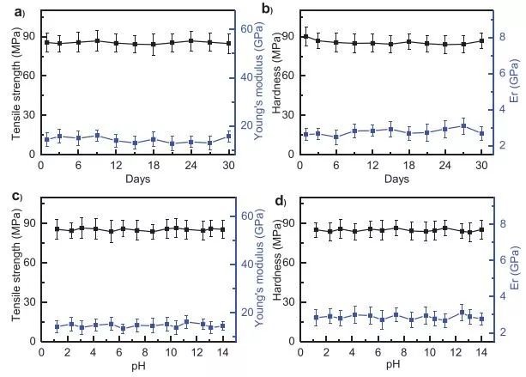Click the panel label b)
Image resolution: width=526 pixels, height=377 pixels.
point(267,9)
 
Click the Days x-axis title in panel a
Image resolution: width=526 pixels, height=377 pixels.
point(136,179)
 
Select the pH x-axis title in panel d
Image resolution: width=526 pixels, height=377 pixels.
point(393,363)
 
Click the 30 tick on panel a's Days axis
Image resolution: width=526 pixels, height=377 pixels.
point(227,166)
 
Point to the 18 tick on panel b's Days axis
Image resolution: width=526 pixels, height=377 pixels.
point(409,166)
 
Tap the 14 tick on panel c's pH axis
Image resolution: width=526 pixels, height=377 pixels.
point(222,351)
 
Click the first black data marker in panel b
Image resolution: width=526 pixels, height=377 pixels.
point(305,36)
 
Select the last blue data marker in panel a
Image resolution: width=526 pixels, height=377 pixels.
point(228,136)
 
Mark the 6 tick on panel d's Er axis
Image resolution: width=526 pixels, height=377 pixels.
point(500,259)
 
